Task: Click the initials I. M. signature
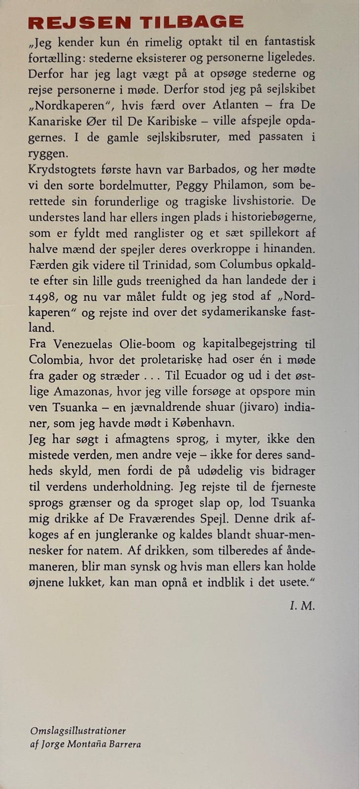pyautogui.click(x=302, y=606)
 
